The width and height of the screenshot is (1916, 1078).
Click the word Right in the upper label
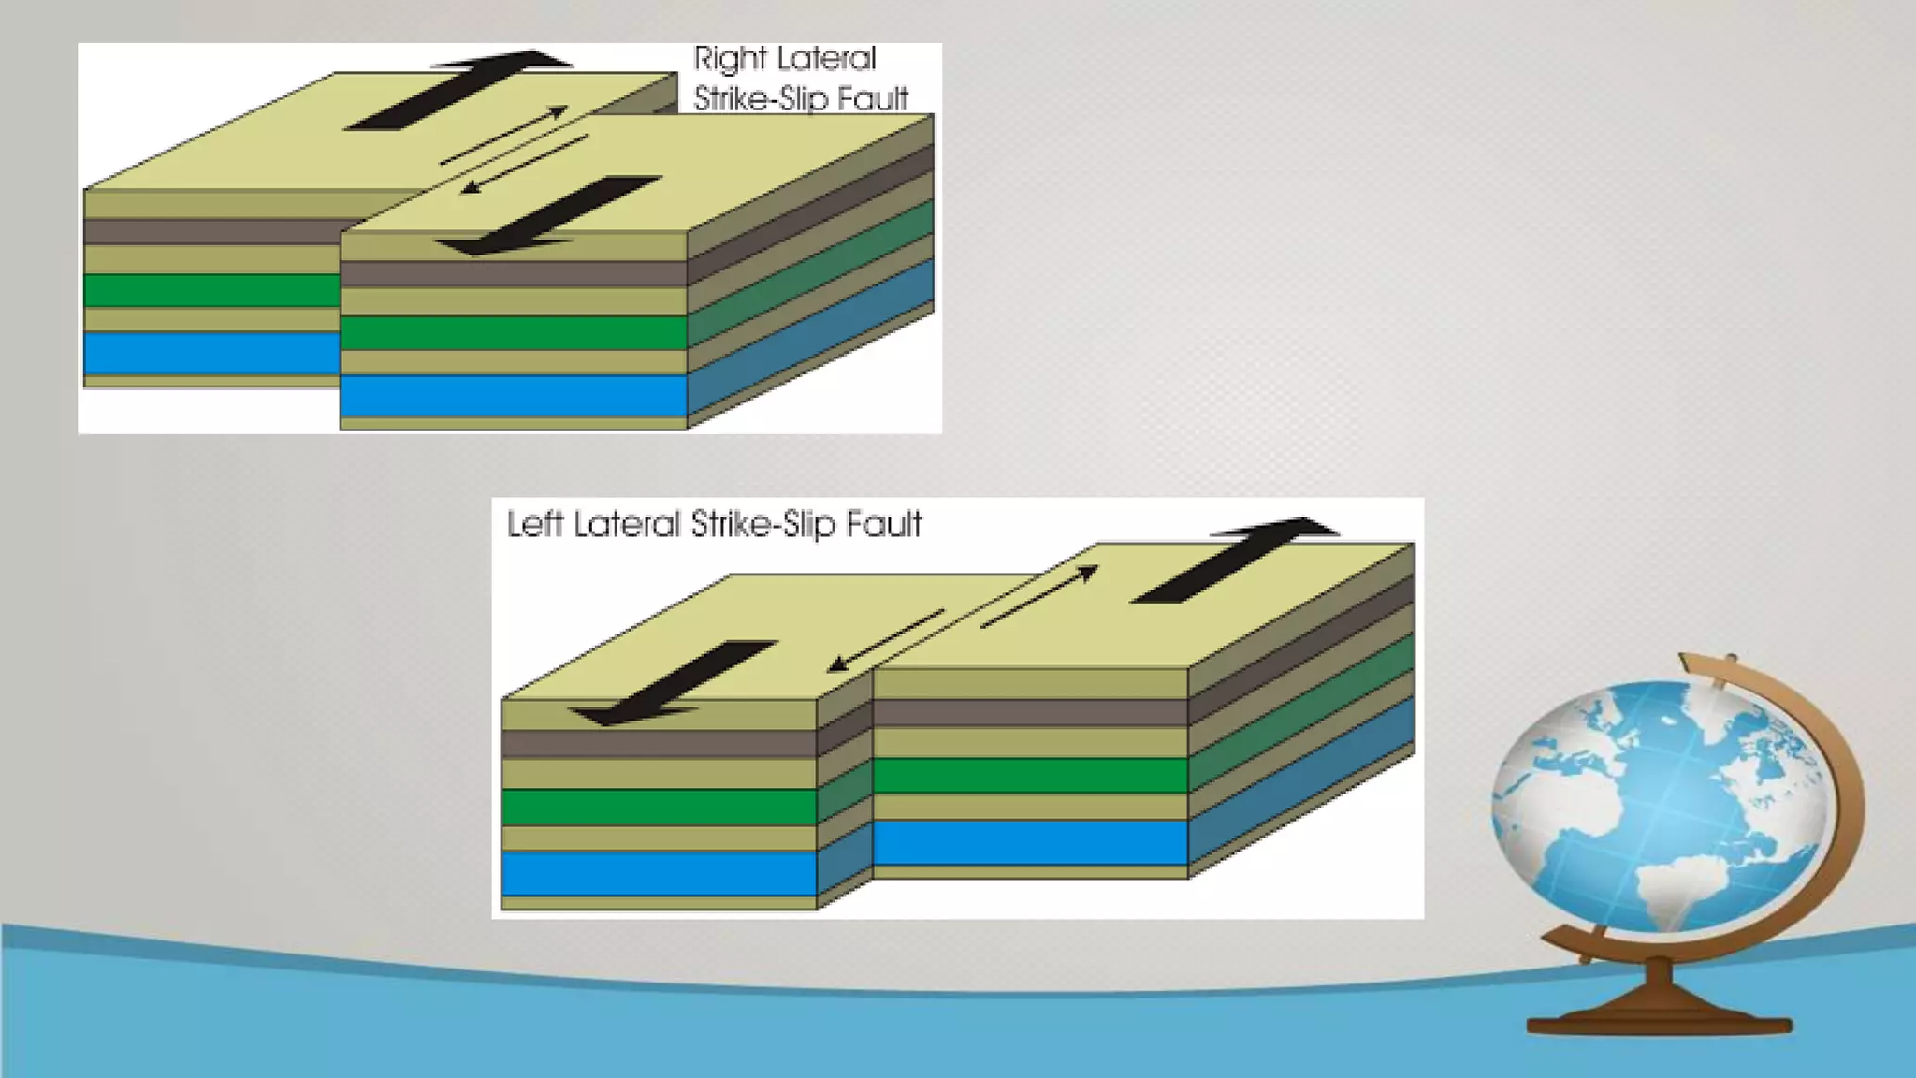pyautogui.click(x=730, y=60)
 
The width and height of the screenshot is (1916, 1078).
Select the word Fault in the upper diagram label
pyautogui.click(x=874, y=98)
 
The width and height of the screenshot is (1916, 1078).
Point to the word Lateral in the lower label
pyautogui.click(x=627, y=524)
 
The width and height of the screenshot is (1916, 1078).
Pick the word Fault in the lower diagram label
pyautogui.click(x=884, y=524)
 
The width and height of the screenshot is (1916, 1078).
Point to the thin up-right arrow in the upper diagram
pyautogui.click(x=505, y=136)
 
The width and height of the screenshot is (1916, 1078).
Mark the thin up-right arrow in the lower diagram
pyautogui.click(x=1038, y=596)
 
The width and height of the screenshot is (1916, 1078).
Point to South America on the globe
pyautogui.click(x=1675, y=889)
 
